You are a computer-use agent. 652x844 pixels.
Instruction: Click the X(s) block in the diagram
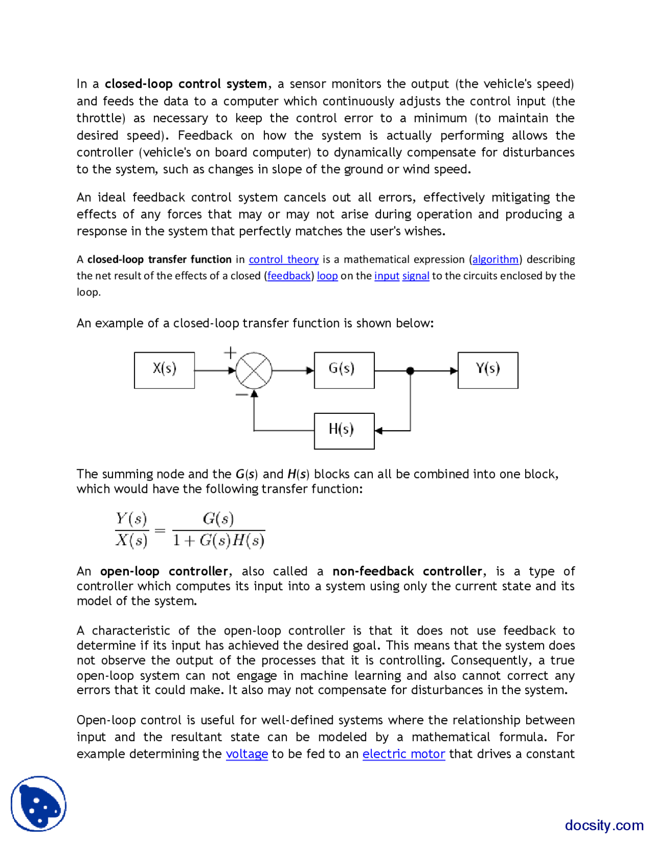pyautogui.click(x=164, y=370)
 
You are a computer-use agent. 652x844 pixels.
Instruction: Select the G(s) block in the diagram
pyautogui.click(x=344, y=370)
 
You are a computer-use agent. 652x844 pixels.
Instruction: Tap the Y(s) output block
pyautogui.click(x=487, y=370)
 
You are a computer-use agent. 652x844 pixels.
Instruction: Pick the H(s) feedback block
pyautogui.click(x=344, y=431)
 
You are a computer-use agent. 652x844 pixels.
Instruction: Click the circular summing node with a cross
pyautogui.click(x=254, y=371)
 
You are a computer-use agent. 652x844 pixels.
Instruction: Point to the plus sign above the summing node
pyautogui.click(x=230, y=352)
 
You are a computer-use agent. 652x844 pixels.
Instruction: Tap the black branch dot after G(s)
pyautogui.click(x=410, y=371)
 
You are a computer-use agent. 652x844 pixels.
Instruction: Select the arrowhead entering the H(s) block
pyautogui.click(x=378, y=431)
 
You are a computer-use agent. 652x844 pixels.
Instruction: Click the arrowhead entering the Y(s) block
pyautogui.click(x=454, y=371)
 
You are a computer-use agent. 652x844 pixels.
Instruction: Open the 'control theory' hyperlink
pyautogui.click(x=284, y=259)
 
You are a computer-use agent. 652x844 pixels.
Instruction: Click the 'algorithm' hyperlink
pyautogui.click(x=495, y=259)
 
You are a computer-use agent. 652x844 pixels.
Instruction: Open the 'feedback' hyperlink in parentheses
pyautogui.click(x=289, y=276)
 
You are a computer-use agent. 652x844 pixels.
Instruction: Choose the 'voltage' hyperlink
pyautogui.click(x=247, y=754)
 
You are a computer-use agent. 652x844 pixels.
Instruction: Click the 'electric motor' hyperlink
pyautogui.click(x=403, y=754)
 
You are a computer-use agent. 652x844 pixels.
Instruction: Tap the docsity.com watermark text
pyautogui.click(x=604, y=825)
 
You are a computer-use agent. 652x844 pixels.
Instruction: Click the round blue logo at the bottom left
pyautogui.click(x=39, y=804)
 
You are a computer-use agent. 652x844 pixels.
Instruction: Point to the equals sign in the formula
pyautogui.click(x=160, y=531)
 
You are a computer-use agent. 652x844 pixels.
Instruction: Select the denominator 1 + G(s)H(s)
pyautogui.click(x=219, y=540)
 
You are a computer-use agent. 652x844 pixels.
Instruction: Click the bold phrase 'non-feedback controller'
pyautogui.click(x=407, y=571)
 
